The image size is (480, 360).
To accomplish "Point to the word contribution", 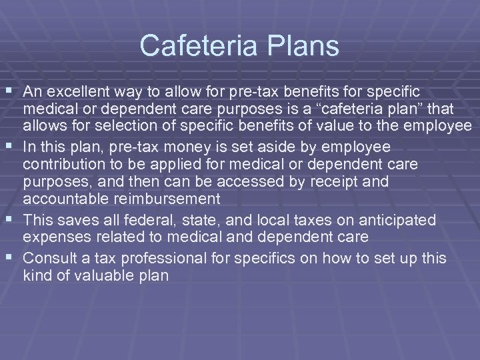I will pyautogui.click(x=64, y=164).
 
